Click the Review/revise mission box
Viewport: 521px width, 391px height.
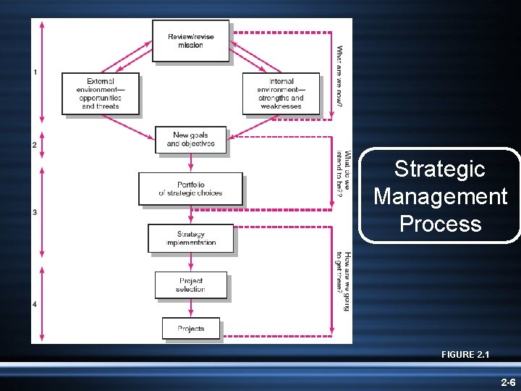click(x=191, y=41)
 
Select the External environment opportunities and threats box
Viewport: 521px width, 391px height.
click(x=100, y=93)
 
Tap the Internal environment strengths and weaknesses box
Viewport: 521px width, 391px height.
click(x=280, y=93)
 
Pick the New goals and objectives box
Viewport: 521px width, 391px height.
click(x=191, y=139)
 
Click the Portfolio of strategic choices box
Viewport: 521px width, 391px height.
click(x=190, y=189)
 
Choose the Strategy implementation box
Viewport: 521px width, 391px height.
click(x=191, y=238)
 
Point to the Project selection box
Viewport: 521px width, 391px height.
click(x=191, y=285)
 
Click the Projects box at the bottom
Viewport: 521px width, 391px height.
click(x=190, y=329)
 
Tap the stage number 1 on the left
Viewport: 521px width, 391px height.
click(x=35, y=72)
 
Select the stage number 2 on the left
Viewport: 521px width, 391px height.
click(x=35, y=145)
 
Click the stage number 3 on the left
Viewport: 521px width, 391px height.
click(x=35, y=212)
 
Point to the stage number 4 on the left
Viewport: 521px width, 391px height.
click(x=35, y=304)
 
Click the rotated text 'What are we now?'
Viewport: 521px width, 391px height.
click(x=339, y=75)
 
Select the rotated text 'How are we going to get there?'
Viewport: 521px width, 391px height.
click(x=342, y=282)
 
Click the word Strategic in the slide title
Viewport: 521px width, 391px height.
click(x=439, y=169)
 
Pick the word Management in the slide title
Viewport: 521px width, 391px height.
click(x=440, y=196)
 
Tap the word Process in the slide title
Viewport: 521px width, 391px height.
click(x=440, y=223)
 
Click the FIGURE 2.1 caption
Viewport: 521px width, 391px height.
click(x=465, y=354)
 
